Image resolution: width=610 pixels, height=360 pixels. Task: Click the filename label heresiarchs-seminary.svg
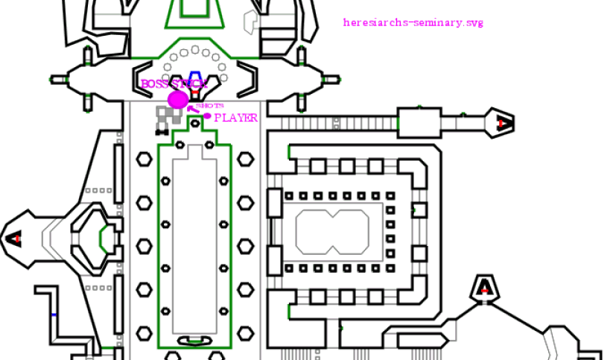(x=413, y=22)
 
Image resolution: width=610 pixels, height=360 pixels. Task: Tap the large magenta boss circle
(x=178, y=100)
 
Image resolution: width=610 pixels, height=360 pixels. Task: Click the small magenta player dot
(x=207, y=116)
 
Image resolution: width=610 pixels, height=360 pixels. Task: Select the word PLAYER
(x=236, y=118)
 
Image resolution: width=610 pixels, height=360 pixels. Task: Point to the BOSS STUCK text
(x=173, y=84)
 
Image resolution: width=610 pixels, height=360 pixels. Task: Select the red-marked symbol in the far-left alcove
(x=16, y=239)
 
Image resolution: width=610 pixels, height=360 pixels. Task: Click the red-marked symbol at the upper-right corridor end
(x=504, y=122)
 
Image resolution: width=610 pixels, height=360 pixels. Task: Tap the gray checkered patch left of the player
(x=168, y=116)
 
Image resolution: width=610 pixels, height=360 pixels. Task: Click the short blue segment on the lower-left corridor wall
(x=54, y=315)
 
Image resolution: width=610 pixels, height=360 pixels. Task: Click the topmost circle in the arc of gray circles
(x=195, y=49)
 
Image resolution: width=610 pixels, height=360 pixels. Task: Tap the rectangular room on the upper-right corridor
(x=419, y=121)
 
